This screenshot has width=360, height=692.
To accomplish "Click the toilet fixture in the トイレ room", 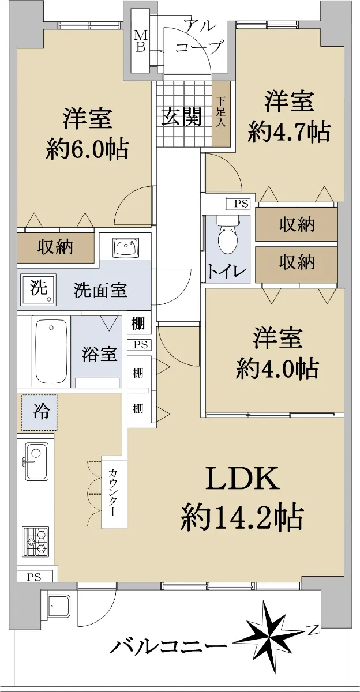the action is click(228, 235).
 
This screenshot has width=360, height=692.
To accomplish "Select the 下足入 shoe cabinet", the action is click(222, 112).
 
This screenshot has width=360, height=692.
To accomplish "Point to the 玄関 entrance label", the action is click(182, 116).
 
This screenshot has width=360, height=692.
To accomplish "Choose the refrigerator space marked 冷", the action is click(39, 412).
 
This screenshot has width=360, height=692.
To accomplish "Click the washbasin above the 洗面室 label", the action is click(127, 247).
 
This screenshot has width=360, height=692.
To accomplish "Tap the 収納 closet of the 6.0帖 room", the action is click(55, 247).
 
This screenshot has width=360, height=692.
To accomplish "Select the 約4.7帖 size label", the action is click(290, 133).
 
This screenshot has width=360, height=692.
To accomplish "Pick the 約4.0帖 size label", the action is click(277, 368).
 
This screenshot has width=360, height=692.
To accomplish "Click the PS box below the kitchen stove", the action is click(34, 577).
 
